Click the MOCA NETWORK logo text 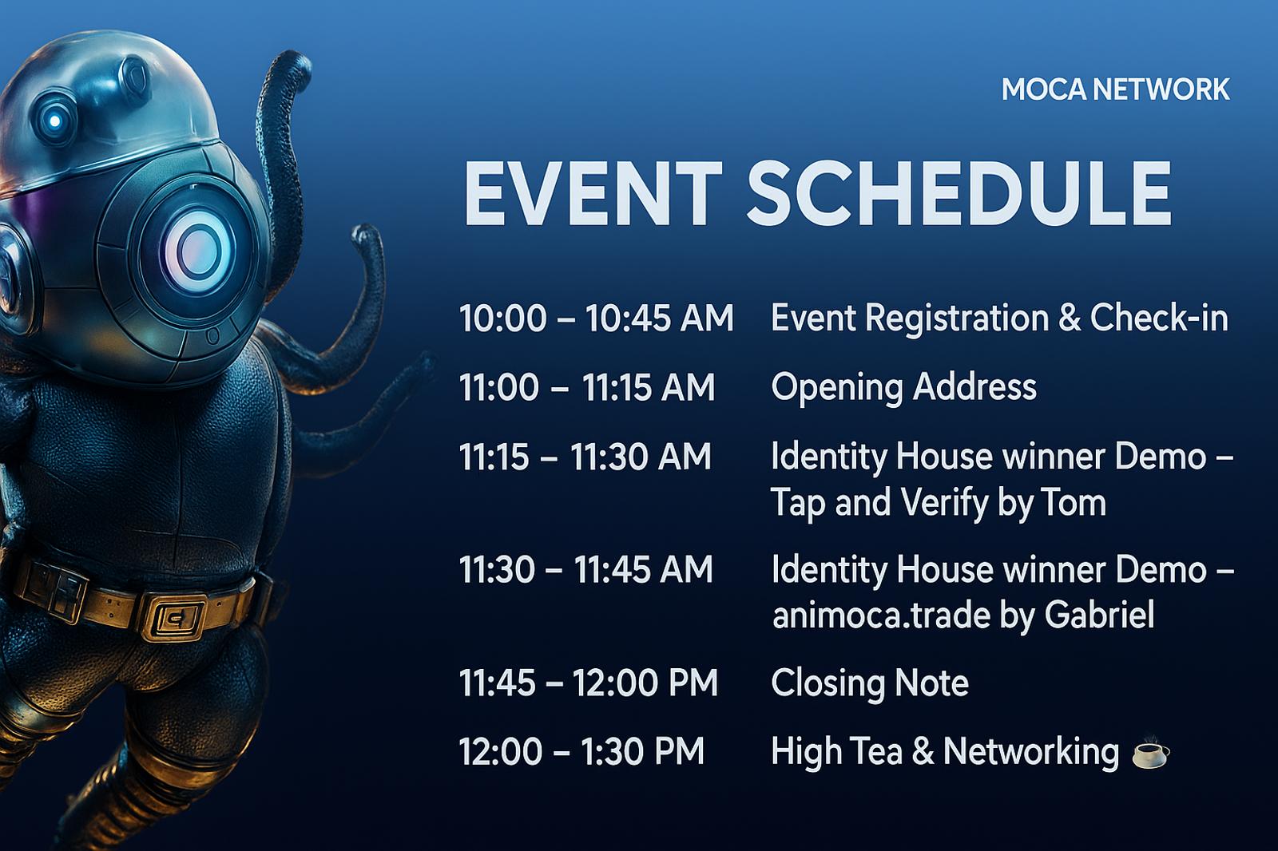1115,89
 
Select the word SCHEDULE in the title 959,195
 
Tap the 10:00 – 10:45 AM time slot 597,318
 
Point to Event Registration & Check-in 999,318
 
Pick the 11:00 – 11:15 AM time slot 587,387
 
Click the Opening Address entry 903,389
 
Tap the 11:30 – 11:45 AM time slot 586,569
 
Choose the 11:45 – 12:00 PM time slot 589,683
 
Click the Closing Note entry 870,683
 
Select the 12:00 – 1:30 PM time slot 582,750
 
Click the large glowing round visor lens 198,251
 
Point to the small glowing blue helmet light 55,121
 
